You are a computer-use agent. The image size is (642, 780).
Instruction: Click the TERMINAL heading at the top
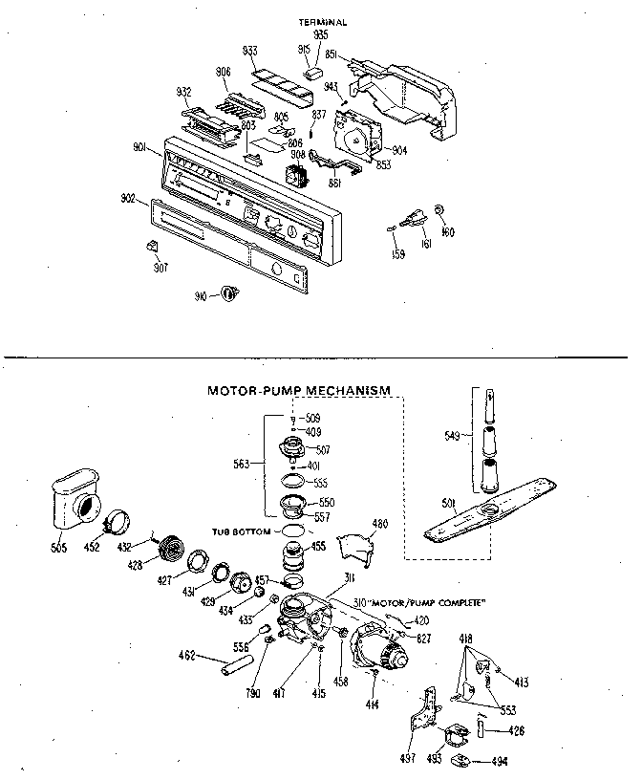click(x=322, y=20)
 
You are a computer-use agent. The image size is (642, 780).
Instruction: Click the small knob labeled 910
click(x=227, y=294)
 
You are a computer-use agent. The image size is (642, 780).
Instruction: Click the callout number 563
click(x=242, y=464)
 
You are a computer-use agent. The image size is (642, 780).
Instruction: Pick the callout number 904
click(x=398, y=150)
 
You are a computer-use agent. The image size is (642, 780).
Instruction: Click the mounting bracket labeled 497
click(x=419, y=713)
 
